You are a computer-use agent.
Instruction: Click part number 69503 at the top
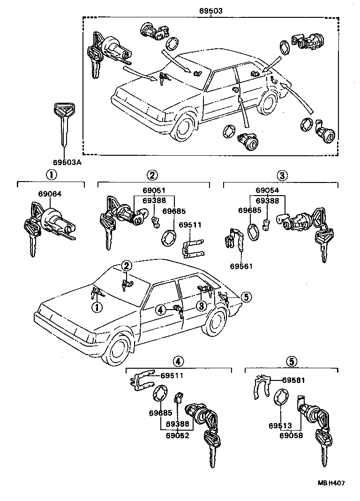click(210, 10)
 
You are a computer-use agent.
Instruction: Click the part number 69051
click(154, 190)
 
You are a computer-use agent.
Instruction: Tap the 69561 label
click(241, 266)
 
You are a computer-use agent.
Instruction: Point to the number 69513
click(280, 425)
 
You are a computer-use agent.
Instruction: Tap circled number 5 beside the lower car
click(246, 296)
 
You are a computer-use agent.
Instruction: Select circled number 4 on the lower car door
click(160, 309)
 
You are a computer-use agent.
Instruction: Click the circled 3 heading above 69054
click(281, 176)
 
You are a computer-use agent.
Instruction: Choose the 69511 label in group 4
click(172, 375)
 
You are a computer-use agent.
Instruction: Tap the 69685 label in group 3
click(248, 211)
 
